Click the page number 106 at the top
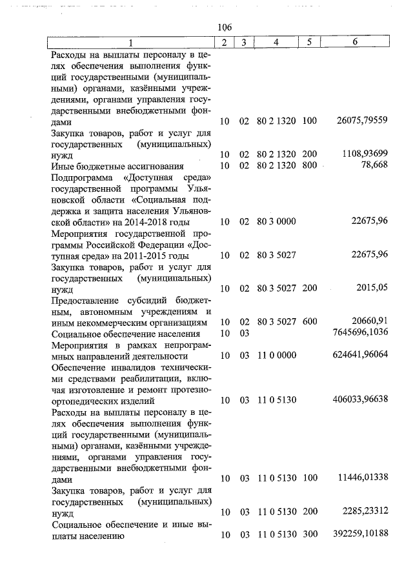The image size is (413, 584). [x=225, y=26]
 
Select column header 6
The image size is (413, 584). [x=355, y=43]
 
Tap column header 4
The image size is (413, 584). [x=276, y=43]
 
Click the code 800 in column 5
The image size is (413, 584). [x=309, y=166]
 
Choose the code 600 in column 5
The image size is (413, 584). [x=309, y=321]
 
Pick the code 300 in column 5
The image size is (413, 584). [x=309, y=534]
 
